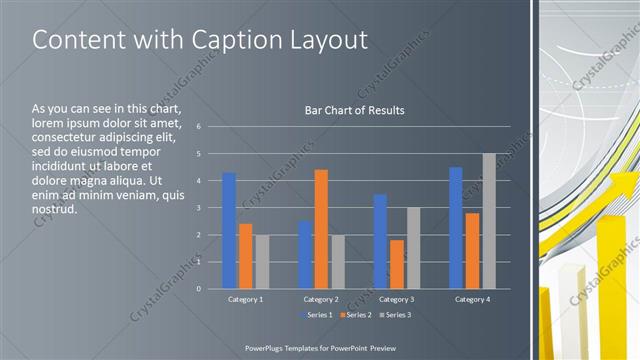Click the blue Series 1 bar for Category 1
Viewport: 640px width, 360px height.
[229, 231]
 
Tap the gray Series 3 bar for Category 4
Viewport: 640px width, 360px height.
[488, 221]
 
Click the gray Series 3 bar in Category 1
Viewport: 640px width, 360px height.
[262, 262]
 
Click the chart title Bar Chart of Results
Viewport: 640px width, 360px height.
[354, 110]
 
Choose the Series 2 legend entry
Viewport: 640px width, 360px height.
[354, 315]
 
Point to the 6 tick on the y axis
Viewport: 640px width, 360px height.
[200, 127]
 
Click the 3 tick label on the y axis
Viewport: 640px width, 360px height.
[200, 208]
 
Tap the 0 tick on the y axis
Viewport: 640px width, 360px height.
[200, 289]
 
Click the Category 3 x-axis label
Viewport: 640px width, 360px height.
[397, 299]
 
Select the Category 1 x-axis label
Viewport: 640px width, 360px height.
[246, 299]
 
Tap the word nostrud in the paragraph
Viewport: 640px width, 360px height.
[54, 210]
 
